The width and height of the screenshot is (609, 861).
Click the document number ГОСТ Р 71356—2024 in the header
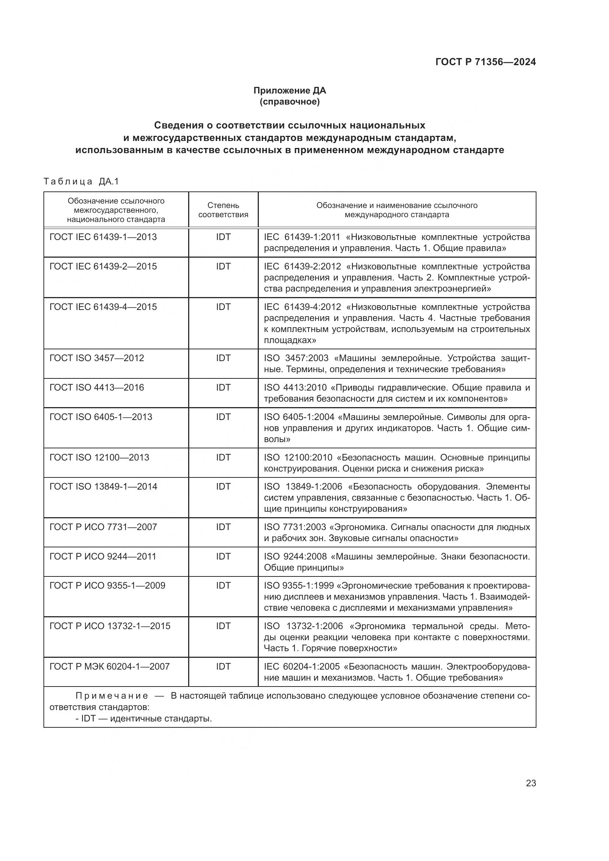486,62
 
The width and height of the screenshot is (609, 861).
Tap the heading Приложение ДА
289,91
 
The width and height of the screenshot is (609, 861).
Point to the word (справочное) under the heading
289,102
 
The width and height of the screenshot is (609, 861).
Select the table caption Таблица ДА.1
81,181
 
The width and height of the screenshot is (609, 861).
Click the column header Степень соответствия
223,210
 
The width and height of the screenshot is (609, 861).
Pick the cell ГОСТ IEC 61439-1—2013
103,237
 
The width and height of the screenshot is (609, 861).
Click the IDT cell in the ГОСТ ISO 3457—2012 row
223,358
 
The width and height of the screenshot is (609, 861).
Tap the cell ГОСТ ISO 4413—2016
97,387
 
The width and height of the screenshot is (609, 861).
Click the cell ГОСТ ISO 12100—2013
99,457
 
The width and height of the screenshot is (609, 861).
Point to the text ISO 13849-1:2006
303,486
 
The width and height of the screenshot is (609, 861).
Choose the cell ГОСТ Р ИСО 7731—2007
103,527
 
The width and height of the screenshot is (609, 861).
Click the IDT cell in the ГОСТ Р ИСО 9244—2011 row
223,556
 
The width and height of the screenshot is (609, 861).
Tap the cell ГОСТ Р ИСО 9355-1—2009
107,585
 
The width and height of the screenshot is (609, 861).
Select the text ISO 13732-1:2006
303,626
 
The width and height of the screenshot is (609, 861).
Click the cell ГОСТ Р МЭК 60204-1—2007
109,666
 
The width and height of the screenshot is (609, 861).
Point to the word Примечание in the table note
112,696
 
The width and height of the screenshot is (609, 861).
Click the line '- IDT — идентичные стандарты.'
144,719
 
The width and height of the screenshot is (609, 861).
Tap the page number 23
531,783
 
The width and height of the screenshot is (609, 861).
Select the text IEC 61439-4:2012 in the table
302,307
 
